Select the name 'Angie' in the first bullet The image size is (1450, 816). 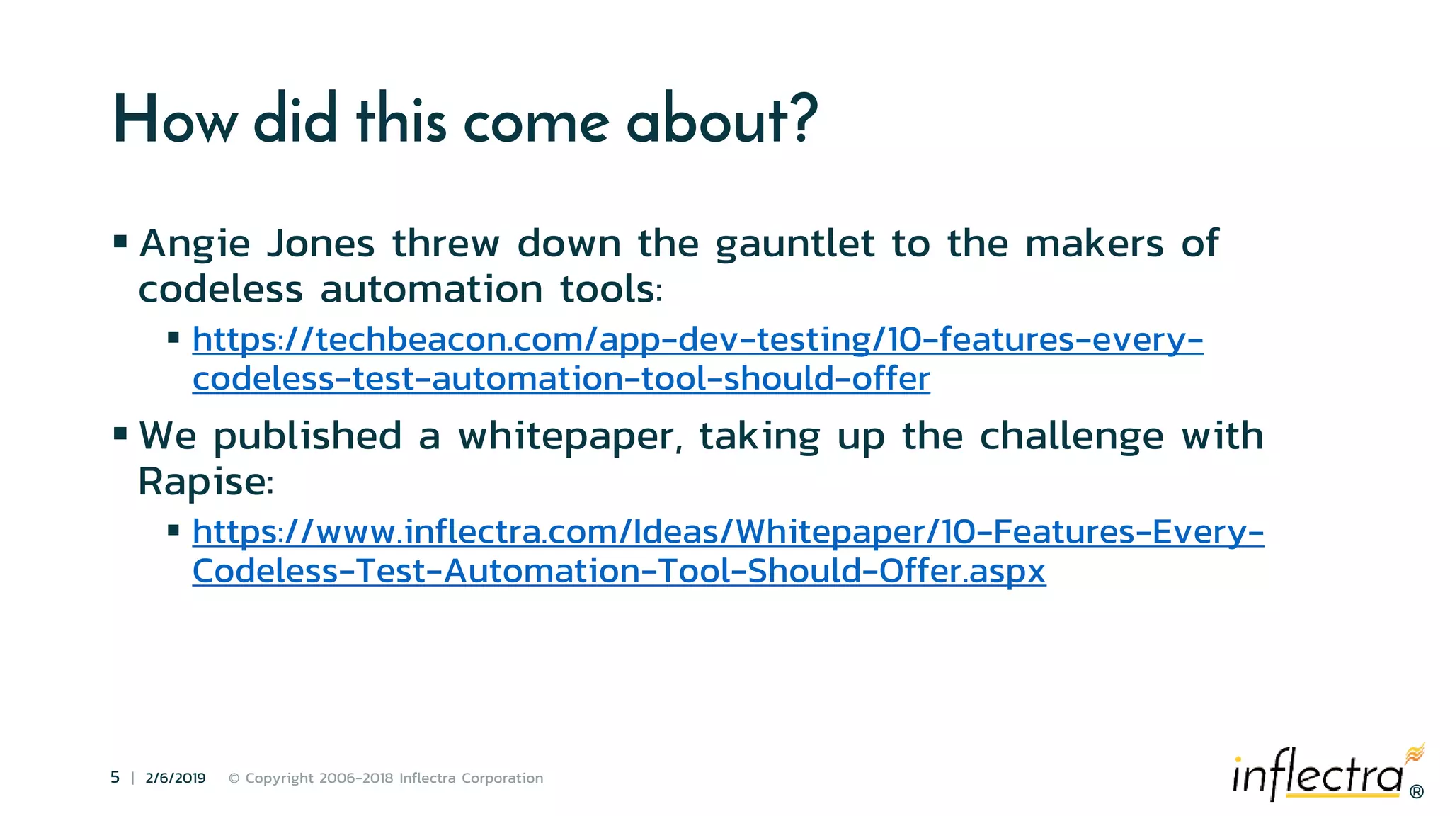coord(195,245)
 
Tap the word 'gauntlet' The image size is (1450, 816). coord(794,245)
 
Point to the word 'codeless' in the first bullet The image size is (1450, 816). coord(220,290)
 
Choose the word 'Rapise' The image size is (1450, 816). coord(202,482)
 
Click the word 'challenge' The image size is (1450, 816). coord(1071,436)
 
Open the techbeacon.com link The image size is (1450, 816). coord(697,340)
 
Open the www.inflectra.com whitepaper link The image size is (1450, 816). coord(728,533)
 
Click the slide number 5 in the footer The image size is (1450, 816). coord(115,778)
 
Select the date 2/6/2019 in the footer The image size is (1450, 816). coord(175,778)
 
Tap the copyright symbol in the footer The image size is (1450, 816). coord(234,778)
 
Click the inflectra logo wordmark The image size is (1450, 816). coord(1317,776)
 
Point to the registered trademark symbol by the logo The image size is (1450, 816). coord(1416,792)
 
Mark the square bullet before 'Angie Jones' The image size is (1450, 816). coord(120,242)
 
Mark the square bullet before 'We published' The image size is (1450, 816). coord(120,433)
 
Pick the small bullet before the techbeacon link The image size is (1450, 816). coord(173,338)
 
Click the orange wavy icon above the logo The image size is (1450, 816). coord(1415,754)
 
